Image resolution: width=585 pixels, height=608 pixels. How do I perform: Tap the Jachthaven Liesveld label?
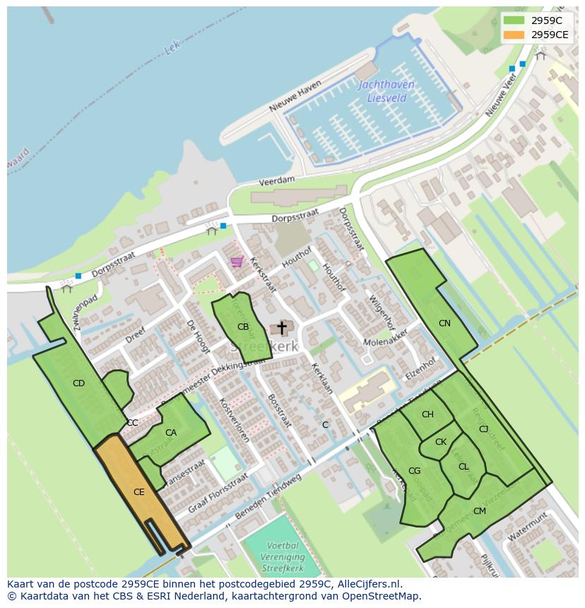pyautogui.click(x=386, y=91)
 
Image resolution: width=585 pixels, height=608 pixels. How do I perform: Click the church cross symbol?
pyautogui.click(x=282, y=328)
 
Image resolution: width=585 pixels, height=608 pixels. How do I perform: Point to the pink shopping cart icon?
pyautogui.click(x=237, y=262)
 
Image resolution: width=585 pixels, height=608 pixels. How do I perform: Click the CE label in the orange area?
pyautogui.click(x=138, y=492)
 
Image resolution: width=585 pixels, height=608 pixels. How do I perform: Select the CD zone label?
pyautogui.click(x=78, y=383)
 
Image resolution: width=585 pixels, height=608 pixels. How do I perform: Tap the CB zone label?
pyautogui.click(x=243, y=327)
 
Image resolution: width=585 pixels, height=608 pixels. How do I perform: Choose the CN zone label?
pyautogui.click(x=444, y=323)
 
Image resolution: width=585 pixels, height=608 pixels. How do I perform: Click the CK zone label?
pyautogui.click(x=441, y=442)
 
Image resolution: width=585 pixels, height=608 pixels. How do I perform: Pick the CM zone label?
pyautogui.click(x=480, y=511)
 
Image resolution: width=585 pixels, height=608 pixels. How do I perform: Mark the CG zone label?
pyautogui.click(x=414, y=471)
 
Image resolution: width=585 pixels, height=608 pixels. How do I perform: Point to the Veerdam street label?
pyautogui.click(x=276, y=181)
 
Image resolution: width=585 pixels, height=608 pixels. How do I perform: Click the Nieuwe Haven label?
pyautogui.click(x=295, y=97)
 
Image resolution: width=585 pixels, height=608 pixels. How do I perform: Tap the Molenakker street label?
pyautogui.click(x=386, y=337)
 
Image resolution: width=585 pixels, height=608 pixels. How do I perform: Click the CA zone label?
pyautogui.click(x=171, y=433)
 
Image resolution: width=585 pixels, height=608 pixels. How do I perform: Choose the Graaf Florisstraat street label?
pyautogui.click(x=218, y=494)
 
